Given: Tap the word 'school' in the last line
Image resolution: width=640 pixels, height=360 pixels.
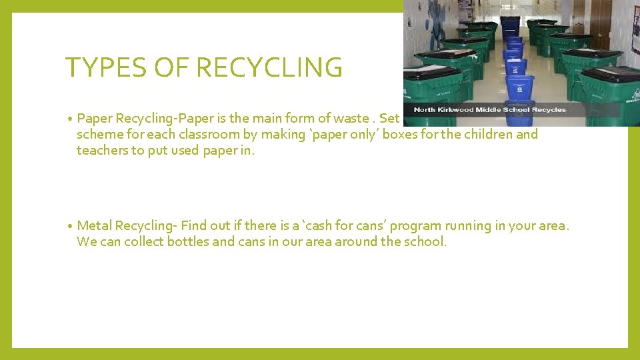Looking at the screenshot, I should click(x=424, y=241).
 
